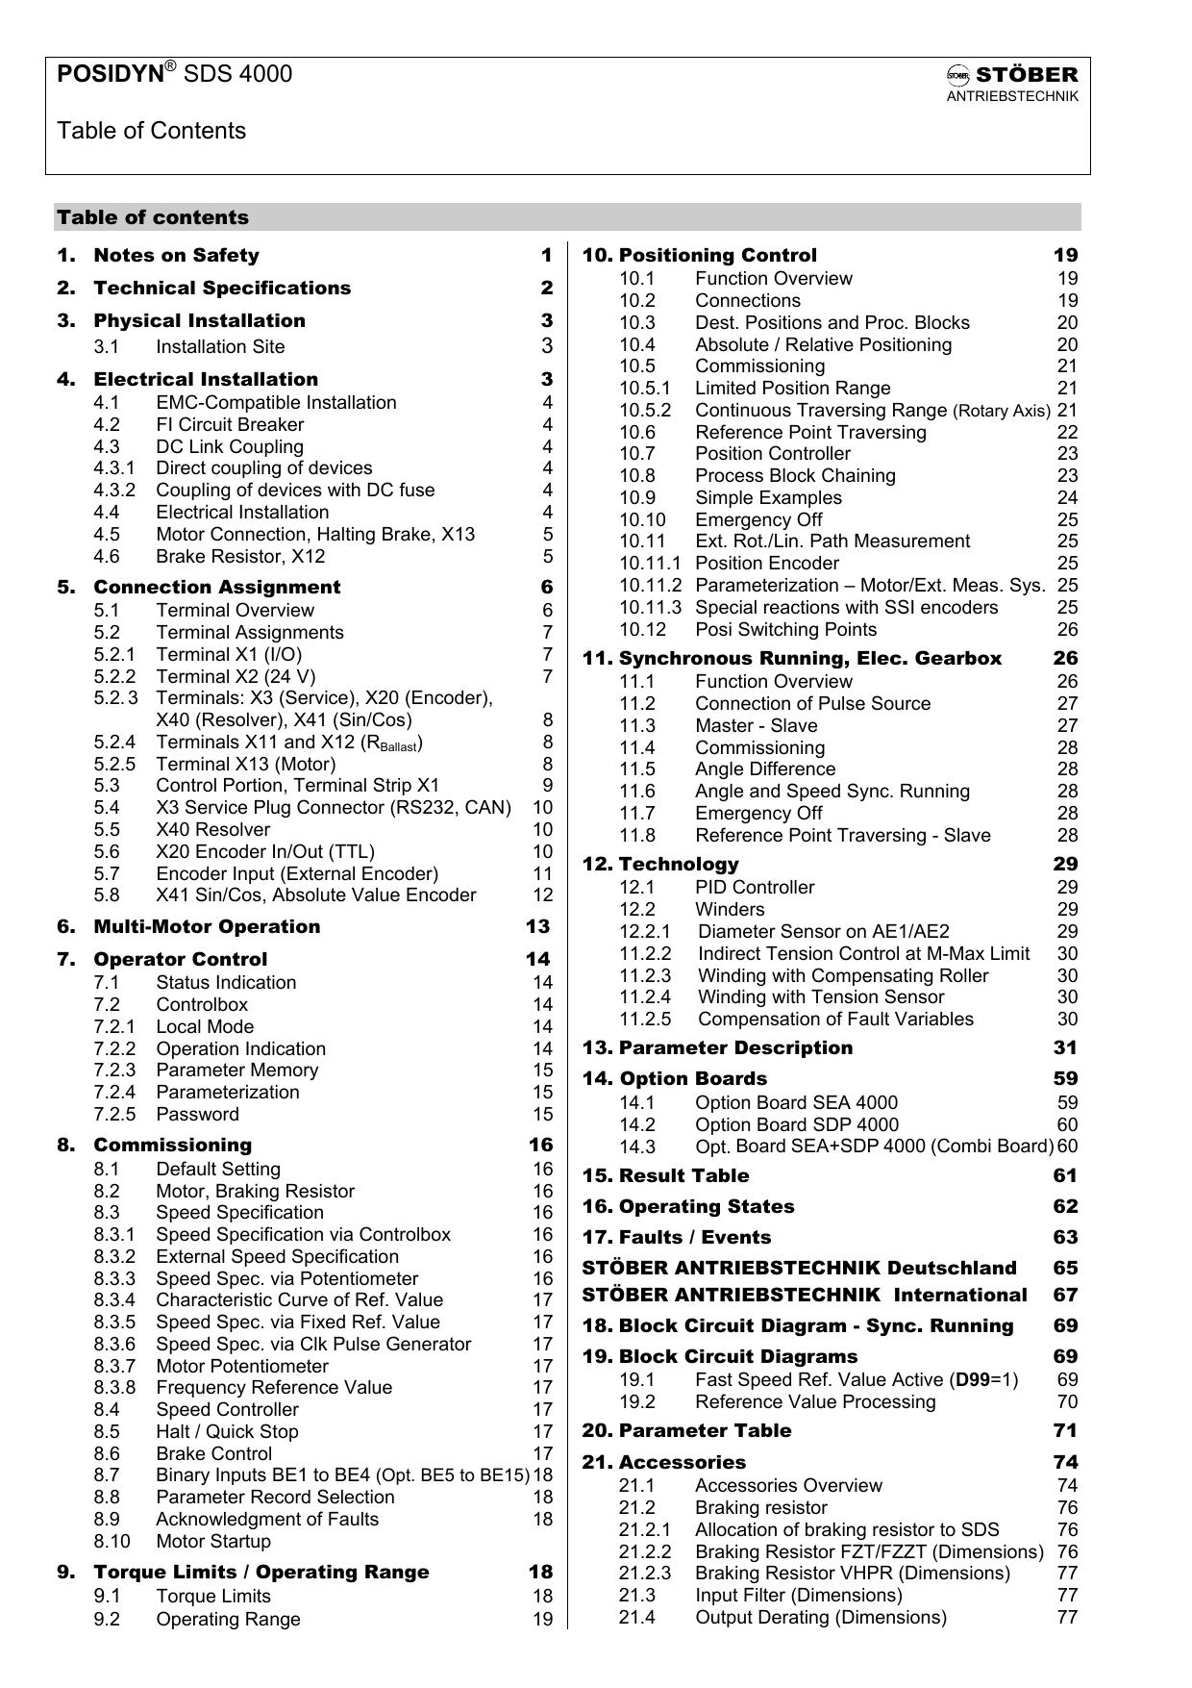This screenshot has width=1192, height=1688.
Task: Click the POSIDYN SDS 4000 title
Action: (175, 74)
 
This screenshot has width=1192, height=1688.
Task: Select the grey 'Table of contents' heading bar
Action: (567, 217)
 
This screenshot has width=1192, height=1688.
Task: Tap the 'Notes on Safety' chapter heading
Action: (176, 256)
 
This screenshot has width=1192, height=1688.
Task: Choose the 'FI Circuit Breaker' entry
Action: (230, 425)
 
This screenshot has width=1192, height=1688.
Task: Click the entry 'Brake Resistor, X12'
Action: (240, 557)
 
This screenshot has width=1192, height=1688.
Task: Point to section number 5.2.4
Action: (114, 743)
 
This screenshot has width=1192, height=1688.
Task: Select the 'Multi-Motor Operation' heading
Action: (207, 927)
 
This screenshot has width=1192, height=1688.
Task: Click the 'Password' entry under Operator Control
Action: (197, 1115)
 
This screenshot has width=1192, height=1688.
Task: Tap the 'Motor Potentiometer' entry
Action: (242, 1367)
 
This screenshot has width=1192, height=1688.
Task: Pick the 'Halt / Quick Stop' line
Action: (227, 1432)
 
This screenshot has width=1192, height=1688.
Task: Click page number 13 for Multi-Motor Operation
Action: (538, 927)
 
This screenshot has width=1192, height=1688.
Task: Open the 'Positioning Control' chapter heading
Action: (717, 256)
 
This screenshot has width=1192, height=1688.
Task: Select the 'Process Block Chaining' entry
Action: (795, 476)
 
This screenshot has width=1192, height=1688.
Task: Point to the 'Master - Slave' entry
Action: (756, 726)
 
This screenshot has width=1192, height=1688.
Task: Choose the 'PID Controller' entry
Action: (755, 888)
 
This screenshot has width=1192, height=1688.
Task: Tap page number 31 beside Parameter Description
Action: (1065, 1048)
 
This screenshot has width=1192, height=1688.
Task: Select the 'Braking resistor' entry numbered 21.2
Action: (760, 1508)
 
